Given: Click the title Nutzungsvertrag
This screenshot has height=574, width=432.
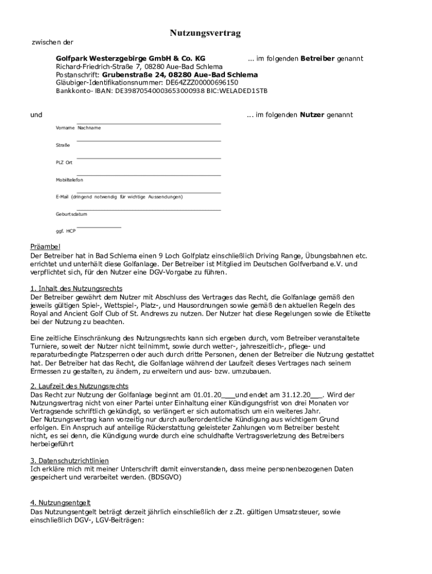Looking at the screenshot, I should pos(205,34).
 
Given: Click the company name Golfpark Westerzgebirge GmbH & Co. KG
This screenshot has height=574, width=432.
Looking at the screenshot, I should pos(130,58).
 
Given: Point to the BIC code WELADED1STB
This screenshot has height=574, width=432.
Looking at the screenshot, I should pos(246,90).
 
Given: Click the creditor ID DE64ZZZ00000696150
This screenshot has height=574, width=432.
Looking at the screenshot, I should pos(182,82).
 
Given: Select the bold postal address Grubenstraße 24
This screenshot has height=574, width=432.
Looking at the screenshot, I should pos(132,75).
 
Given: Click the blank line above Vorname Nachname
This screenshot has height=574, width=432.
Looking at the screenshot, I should pos(149,123).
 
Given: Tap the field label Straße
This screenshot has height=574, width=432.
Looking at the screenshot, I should pos(63,145).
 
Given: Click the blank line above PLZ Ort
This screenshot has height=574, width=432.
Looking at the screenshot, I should pos(149,158).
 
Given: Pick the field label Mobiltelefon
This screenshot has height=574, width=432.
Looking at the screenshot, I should pos(69,180).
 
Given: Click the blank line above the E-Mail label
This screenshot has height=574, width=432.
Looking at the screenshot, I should pos(149,193).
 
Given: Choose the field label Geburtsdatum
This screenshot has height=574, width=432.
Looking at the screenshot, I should pos(71,214).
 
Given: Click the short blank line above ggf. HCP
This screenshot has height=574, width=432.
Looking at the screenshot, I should pos(99,227).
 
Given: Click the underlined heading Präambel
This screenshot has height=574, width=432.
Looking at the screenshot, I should pos(45,247).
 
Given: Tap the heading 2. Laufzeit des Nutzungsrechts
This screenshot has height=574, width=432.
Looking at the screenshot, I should pos(79,386).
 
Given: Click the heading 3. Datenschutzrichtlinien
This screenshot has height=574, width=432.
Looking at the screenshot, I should pos(69,460).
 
